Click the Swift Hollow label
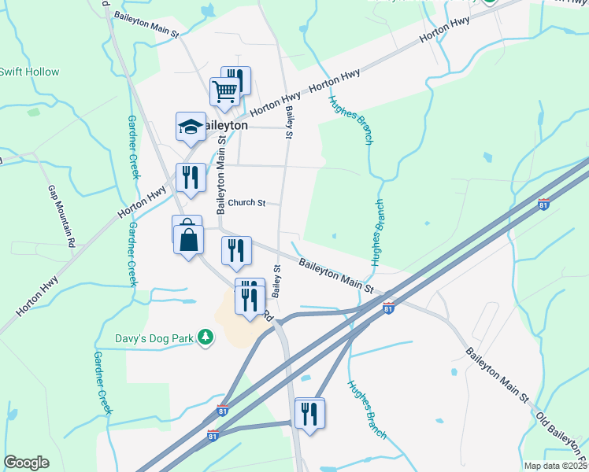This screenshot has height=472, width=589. (x=29, y=72)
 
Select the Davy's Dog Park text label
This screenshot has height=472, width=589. (x=150, y=338)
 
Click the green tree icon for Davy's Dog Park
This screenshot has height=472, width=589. (x=206, y=337)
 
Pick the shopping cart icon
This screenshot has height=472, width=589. (x=225, y=92)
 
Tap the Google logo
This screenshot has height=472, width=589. (x=26, y=463)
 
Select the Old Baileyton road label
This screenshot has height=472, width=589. (x=561, y=436)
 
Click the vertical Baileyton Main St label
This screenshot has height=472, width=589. (x=222, y=175)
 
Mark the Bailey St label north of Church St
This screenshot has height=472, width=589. (x=289, y=124)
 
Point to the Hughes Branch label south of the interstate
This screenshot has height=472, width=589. (x=367, y=410)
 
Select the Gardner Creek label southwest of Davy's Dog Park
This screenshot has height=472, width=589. (x=102, y=382)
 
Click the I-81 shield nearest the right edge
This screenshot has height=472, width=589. (x=543, y=205)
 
